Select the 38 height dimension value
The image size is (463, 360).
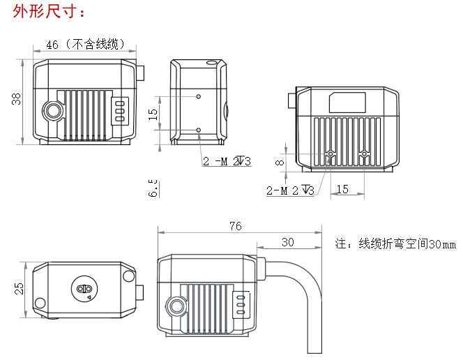(16, 100)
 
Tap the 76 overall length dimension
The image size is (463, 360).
(235, 226)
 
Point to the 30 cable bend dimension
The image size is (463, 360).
(287, 242)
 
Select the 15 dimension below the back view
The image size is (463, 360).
(342, 189)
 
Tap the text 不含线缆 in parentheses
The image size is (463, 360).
(97, 45)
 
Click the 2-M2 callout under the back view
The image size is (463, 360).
(290, 190)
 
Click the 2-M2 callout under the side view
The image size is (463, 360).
(227, 162)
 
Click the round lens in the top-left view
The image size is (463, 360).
(53, 111)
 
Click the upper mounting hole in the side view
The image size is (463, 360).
(199, 96)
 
